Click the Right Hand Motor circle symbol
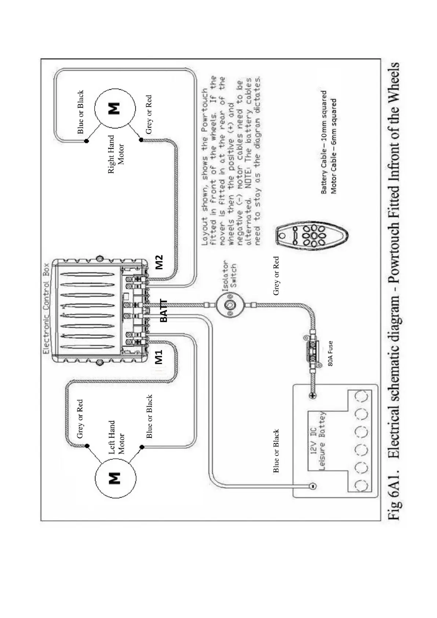tap(115, 109)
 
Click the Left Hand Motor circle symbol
tap(115, 478)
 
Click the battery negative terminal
tap(312, 487)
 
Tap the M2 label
tap(159, 262)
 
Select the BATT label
tap(164, 310)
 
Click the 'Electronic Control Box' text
tap(46, 308)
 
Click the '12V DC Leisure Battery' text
tap(318, 441)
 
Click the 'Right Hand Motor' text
tap(116, 154)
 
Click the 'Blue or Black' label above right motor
tap(80, 112)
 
